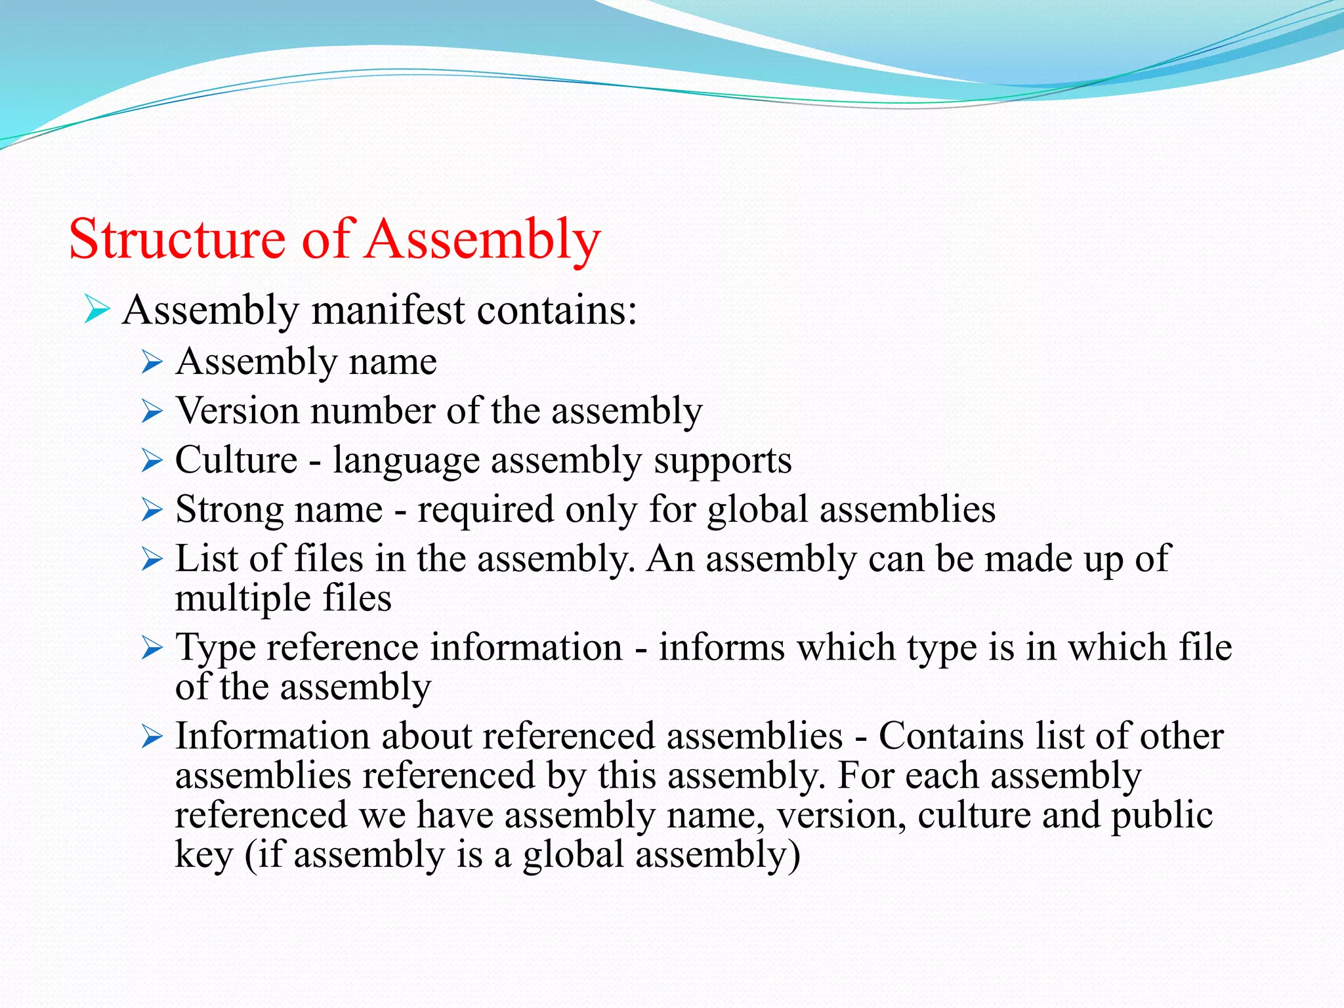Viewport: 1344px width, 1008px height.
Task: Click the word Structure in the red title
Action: [x=177, y=239]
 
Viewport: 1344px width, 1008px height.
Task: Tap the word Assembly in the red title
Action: [x=482, y=239]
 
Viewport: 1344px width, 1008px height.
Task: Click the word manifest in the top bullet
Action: [x=388, y=310]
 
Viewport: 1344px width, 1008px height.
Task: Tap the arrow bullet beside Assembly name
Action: [x=152, y=362]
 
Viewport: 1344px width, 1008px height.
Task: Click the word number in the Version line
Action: [x=373, y=411]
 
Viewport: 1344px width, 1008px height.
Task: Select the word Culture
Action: [x=236, y=460]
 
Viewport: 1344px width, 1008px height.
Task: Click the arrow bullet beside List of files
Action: [x=152, y=560]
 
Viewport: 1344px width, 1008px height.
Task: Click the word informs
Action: [x=721, y=648]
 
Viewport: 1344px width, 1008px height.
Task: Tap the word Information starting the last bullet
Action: [x=272, y=736]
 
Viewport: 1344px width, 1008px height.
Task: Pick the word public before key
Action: [x=1162, y=816]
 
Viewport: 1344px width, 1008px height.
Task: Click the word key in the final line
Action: [x=203, y=855]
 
